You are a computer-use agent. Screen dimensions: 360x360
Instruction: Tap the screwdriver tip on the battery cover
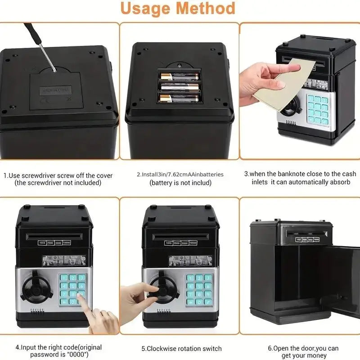pos(54,70)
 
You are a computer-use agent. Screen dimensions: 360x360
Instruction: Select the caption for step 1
pos(58,179)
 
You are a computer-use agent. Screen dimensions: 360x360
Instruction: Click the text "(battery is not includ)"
pos(180,183)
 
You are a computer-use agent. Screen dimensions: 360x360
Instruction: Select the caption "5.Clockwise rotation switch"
pos(180,348)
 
